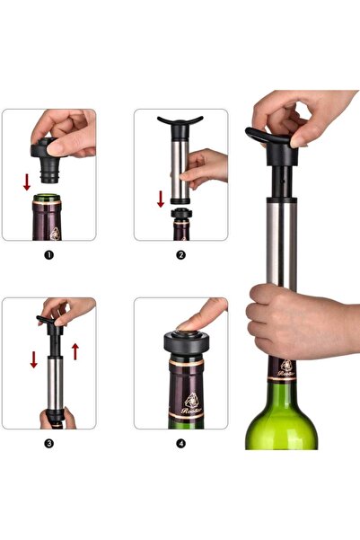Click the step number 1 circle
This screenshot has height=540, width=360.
click(48, 254)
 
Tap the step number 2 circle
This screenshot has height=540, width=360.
click(180, 254)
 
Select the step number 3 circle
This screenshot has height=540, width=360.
click(48, 443)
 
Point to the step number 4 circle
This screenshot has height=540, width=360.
click(180, 443)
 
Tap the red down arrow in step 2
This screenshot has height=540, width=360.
click(161, 198)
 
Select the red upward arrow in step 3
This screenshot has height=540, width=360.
click(75, 350)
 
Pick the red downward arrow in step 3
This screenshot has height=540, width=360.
click(34, 359)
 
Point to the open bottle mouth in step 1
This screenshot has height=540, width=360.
click(48, 195)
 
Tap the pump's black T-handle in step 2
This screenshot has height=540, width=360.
click(180, 121)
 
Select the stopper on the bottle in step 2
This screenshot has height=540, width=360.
click(180, 215)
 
